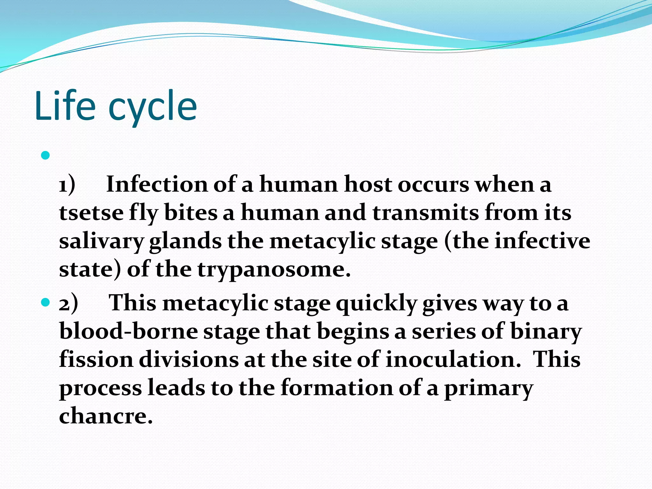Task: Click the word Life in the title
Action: click(x=65, y=106)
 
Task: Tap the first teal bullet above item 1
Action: click(x=46, y=156)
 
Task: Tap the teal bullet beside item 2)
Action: click(x=46, y=302)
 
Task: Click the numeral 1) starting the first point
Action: click(x=67, y=185)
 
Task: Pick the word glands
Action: click(x=185, y=241)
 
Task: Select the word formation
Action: click(x=337, y=388)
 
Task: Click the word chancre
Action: click(x=106, y=416)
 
